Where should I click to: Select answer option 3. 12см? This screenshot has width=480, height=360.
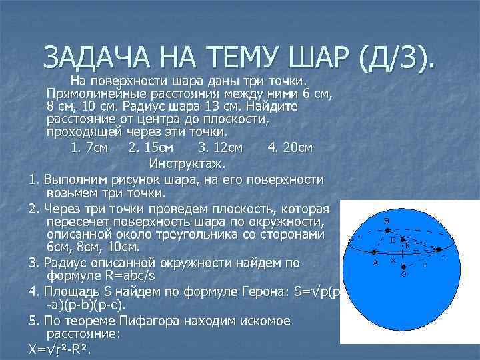[221, 147]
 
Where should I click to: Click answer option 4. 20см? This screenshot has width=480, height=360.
[290, 147]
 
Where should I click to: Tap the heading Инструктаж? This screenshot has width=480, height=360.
[187, 163]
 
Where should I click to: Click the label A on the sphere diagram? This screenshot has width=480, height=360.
[376, 263]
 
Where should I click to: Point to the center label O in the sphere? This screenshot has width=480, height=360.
[403, 273]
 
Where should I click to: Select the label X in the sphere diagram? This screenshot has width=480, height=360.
[393, 260]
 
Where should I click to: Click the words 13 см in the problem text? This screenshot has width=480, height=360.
[193, 107]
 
